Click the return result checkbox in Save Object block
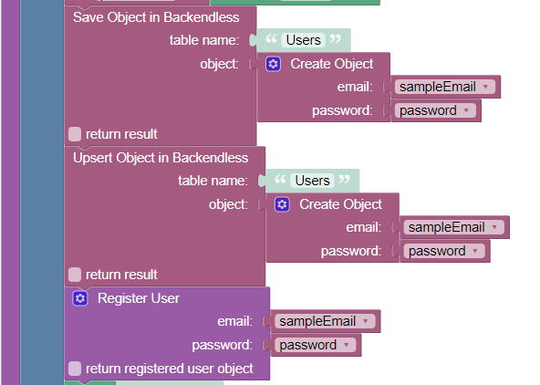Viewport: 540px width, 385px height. [x=75, y=134]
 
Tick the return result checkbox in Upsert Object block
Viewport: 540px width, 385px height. [x=75, y=275]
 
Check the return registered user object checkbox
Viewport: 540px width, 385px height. [x=75, y=369]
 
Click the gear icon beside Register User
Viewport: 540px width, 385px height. [x=80, y=298]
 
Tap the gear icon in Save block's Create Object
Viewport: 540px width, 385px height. [x=273, y=64]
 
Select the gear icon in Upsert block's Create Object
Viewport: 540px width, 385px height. [x=282, y=204]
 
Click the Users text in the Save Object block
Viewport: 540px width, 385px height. [x=304, y=40]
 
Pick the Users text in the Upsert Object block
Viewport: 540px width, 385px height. [x=312, y=181]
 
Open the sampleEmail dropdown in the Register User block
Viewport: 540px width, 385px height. [x=325, y=321]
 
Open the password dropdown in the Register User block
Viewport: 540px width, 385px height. [x=315, y=345]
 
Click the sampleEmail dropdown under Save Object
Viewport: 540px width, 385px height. [x=445, y=87]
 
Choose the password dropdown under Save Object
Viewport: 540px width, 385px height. [x=435, y=110]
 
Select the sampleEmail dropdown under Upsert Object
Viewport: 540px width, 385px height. [x=454, y=227]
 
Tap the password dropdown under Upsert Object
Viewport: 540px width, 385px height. [x=444, y=251]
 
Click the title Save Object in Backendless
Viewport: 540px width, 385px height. [x=156, y=17]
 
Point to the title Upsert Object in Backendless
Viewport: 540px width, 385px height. [x=161, y=158]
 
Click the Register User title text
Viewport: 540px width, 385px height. [x=139, y=298]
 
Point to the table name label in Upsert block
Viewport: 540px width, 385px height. [x=213, y=181]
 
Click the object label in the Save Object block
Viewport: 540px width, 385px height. [x=219, y=64]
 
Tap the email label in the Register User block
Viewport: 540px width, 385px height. [x=234, y=321]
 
